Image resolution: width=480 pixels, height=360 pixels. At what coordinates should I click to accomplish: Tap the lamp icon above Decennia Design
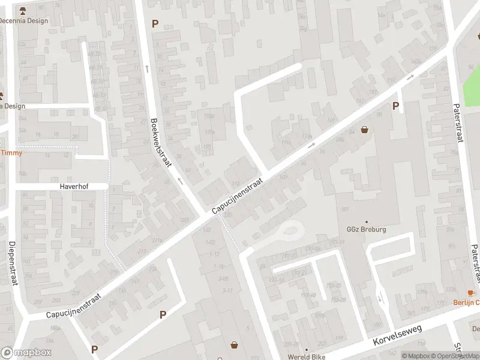[x=23, y=10]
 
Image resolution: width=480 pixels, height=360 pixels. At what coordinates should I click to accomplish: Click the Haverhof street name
[x=74, y=187]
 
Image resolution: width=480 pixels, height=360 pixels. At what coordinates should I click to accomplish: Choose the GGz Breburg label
[x=366, y=230]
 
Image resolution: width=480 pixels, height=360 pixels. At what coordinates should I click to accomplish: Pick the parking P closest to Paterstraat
[x=395, y=106]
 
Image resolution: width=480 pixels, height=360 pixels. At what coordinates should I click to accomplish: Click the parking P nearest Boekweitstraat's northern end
[x=155, y=24]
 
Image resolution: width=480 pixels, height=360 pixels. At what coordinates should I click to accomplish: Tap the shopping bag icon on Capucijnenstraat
[x=364, y=129]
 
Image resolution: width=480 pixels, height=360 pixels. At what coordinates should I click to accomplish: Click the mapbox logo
[x=26, y=352]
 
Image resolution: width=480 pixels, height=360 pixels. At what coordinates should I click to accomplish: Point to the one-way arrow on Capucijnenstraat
[x=311, y=145]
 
